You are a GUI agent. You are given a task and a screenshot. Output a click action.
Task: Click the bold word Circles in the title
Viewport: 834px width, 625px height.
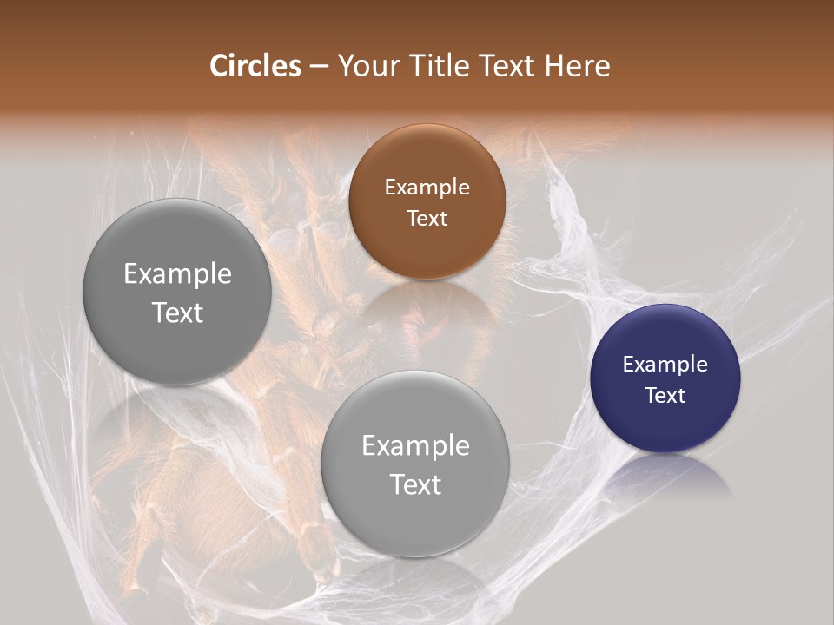click(x=255, y=66)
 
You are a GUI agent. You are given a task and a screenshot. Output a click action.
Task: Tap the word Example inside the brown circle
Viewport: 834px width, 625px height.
click(x=427, y=187)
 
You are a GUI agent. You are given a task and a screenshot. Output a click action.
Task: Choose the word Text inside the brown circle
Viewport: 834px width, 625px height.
click(x=427, y=219)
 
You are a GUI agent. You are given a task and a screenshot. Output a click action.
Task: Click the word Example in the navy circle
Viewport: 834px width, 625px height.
click(x=665, y=365)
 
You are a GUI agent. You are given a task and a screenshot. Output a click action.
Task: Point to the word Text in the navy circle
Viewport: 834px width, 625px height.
click(x=665, y=396)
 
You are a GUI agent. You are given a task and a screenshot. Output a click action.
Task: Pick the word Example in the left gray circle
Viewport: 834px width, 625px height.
click(x=177, y=274)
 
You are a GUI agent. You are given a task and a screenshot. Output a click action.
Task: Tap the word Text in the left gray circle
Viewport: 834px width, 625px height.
click(x=177, y=312)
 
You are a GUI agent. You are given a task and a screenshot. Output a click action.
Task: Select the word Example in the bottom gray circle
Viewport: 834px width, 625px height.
click(x=415, y=446)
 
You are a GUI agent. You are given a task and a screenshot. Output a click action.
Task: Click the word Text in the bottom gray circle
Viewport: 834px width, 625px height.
click(x=415, y=484)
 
